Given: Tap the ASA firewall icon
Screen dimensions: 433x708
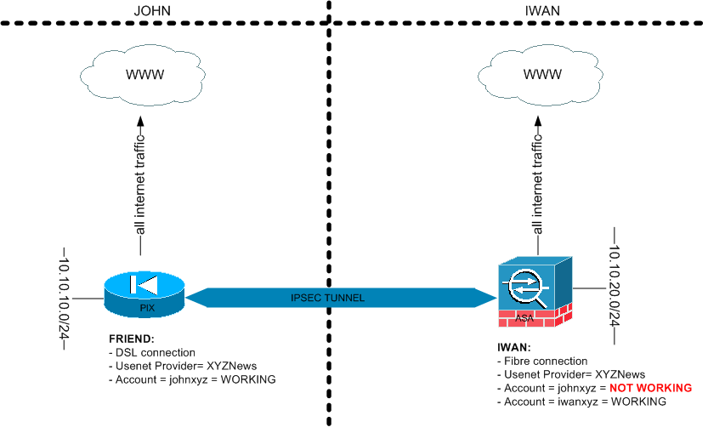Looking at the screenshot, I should point(535,289).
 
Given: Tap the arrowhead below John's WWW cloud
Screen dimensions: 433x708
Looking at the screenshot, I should point(145,113).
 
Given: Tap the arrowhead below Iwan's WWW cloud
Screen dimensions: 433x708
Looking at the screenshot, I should point(538,113).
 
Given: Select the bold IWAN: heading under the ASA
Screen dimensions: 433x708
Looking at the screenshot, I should point(514,347).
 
